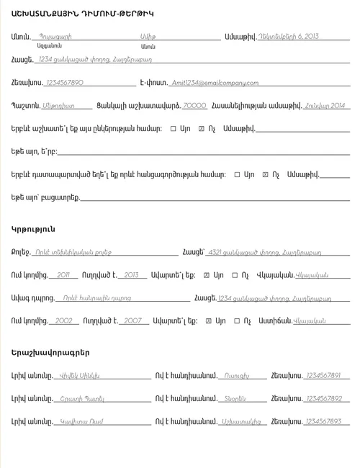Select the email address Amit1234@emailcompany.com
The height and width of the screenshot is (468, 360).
pyautogui.click(x=215, y=83)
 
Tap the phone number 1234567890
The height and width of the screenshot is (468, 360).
pyautogui.click(x=64, y=83)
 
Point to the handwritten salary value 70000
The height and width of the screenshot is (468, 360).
pyautogui.click(x=195, y=106)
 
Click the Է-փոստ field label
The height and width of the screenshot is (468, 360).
pyautogui.click(x=153, y=83)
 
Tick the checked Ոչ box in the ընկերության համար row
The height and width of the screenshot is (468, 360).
pyautogui.click(x=202, y=129)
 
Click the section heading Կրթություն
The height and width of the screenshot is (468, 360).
pyautogui.click(x=33, y=229)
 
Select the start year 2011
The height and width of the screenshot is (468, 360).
pyautogui.click(x=63, y=274)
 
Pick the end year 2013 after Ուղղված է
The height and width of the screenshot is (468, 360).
pyautogui.click(x=131, y=274)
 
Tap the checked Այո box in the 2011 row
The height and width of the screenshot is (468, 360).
pyautogui.click(x=207, y=275)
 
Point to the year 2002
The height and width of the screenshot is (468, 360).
pyautogui.click(x=63, y=320)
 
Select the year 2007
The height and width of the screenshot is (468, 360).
pyautogui.click(x=132, y=320)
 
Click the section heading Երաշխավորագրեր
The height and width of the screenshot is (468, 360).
pyautogui.click(x=50, y=353)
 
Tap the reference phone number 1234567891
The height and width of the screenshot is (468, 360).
pyautogui.click(x=323, y=375)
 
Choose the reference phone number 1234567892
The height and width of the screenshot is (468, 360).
pyautogui.click(x=323, y=398)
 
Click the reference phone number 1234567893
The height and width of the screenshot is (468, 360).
pyautogui.click(x=323, y=421)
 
